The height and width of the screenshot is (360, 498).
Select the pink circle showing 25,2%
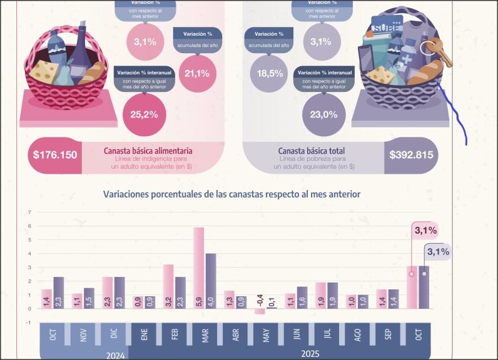[140, 114]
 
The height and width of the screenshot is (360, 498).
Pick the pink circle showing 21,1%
[197, 73]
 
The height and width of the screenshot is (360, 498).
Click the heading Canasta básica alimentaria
[148, 151]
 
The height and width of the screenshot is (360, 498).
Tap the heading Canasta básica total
[312, 151]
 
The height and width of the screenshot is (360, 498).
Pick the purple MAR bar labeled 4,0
[211, 281]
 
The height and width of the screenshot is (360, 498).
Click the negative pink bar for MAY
[259, 311]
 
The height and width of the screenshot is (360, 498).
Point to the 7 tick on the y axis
[29, 212]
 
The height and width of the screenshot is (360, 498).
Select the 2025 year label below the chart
[310, 353]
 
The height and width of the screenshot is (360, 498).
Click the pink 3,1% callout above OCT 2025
[425, 231]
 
